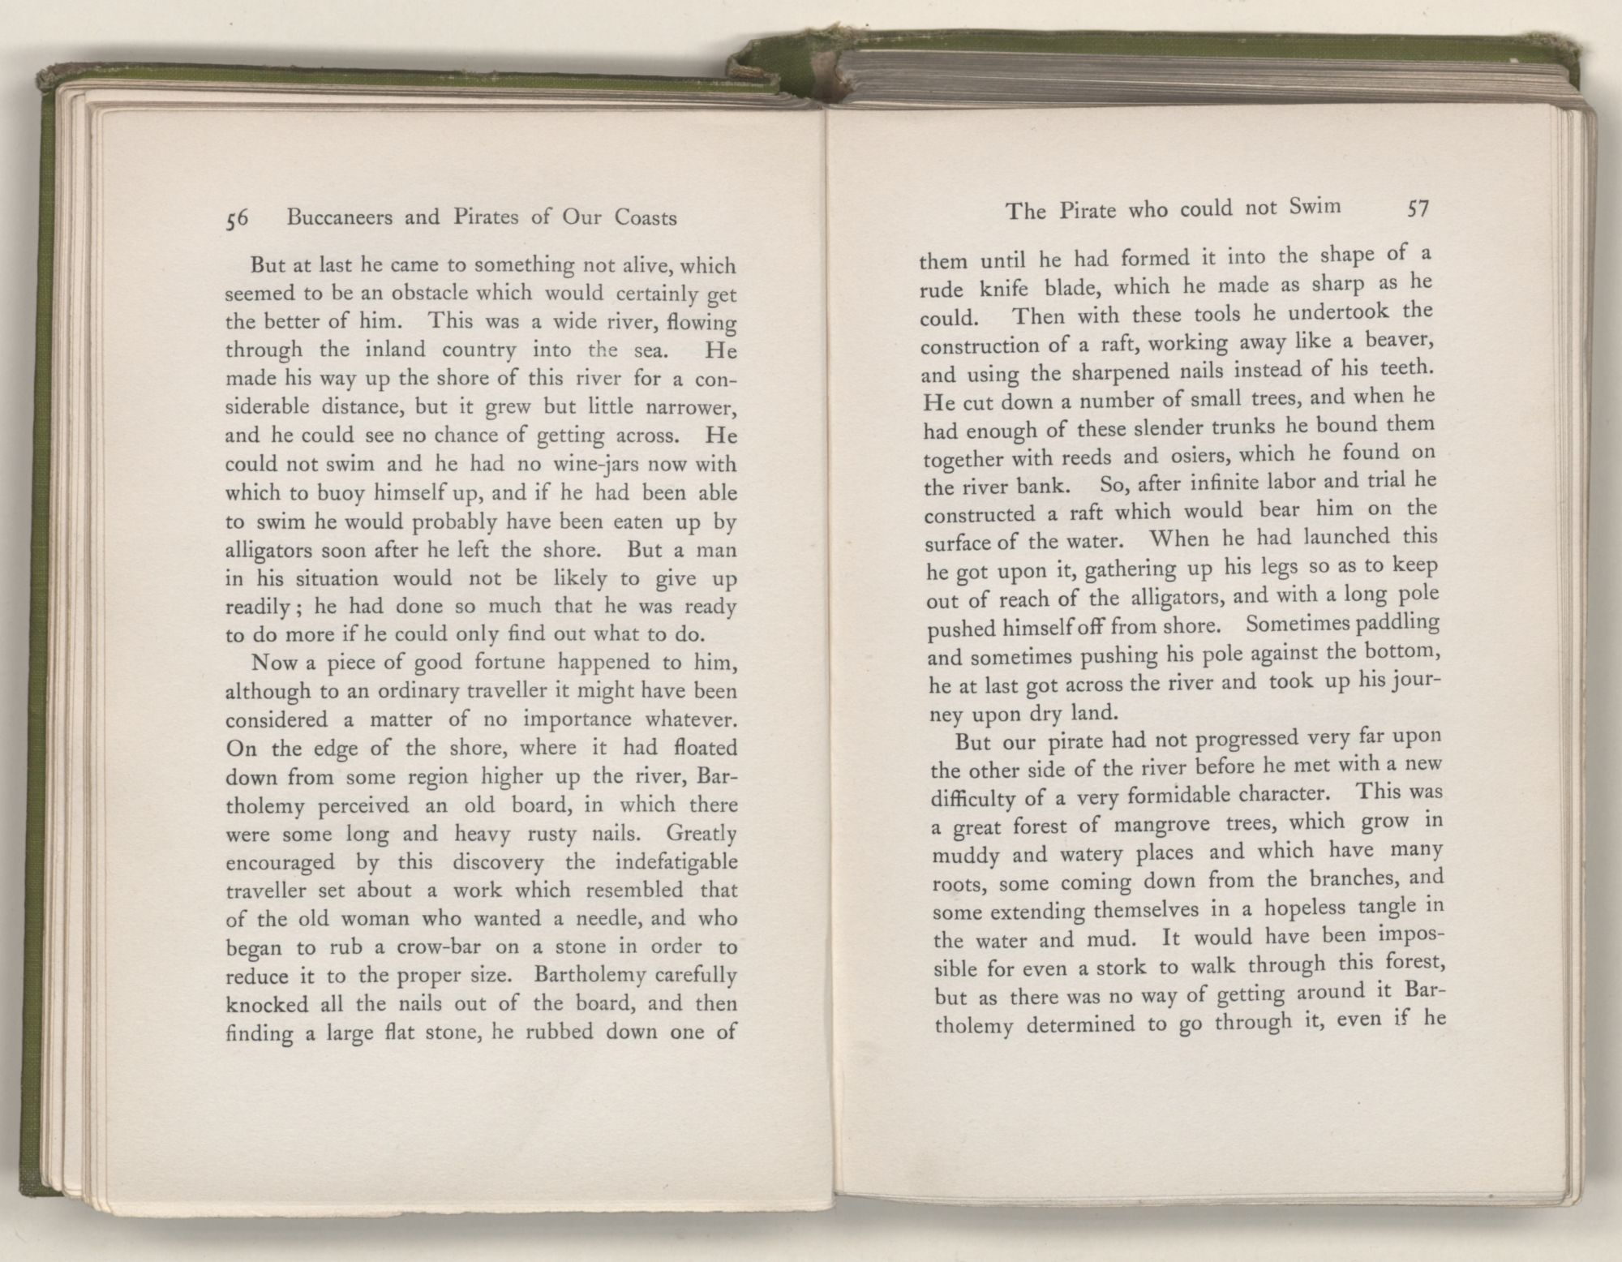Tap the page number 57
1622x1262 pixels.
(1417, 209)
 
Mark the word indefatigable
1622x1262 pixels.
(675, 861)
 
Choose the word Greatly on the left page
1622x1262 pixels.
(700, 833)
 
